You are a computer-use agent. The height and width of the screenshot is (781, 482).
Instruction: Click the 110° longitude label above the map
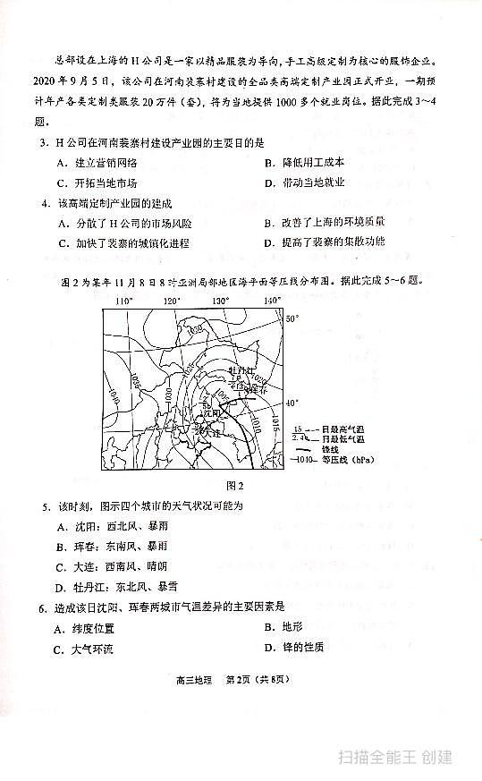[x=124, y=301]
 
